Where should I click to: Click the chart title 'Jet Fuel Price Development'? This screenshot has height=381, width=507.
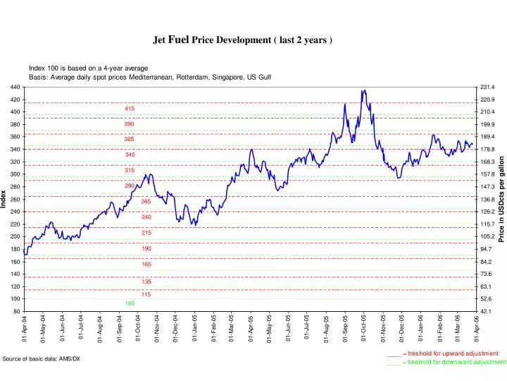pyautogui.click(x=243, y=40)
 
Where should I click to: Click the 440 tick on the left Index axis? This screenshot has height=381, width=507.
pyautogui.click(x=15, y=87)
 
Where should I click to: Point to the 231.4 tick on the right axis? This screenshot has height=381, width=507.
pyautogui.click(x=489, y=87)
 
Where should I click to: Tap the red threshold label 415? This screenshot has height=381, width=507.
pyautogui.click(x=130, y=109)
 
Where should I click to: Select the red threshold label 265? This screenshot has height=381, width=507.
pyautogui.click(x=146, y=202)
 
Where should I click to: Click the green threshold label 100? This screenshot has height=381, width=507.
pyautogui.click(x=130, y=303)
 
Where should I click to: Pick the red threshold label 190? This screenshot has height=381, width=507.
pyautogui.click(x=146, y=249)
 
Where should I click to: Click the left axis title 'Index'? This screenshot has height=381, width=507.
pyautogui.click(x=5, y=199)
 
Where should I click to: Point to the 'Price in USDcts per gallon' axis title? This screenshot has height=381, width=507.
pyautogui.click(x=502, y=199)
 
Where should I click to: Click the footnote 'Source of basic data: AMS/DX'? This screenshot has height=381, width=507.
pyautogui.click(x=42, y=359)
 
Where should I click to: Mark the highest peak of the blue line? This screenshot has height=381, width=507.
pyautogui.click(x=364, y=90)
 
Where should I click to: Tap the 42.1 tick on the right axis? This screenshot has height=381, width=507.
pyautogui.click(x=487, y=311)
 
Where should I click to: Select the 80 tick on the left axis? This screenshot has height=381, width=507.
pyautogui.click(x=16, y=311)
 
